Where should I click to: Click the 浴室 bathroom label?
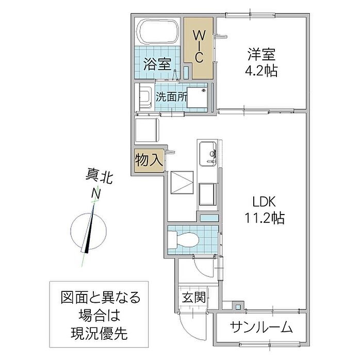coord(157,64)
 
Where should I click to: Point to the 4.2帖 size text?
coord(262,70)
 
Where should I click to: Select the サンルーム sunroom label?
coord(261,327)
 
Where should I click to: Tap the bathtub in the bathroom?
coord(159,32)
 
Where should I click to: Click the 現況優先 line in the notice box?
coord(100,333)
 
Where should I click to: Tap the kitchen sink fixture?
coord(208,153)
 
